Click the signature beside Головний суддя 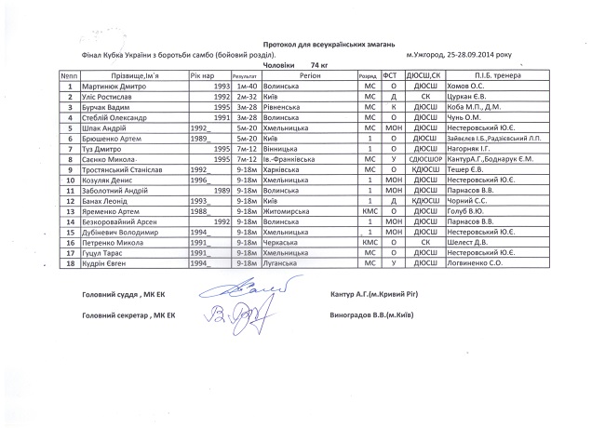click(x=238, y=293)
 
